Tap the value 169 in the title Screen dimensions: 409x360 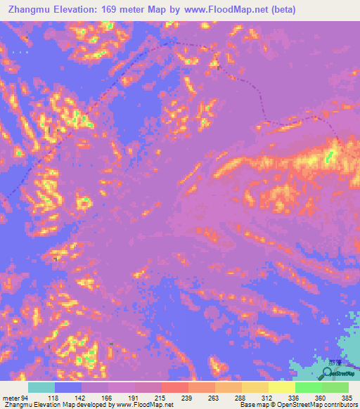tap(111, 10)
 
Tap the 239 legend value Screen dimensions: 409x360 tap(188, 398)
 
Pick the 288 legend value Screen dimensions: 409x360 tap(242, 398)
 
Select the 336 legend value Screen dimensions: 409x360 tap(295, 398)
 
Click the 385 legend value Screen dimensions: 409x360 tap(347, 398)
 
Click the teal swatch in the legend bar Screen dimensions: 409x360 tap(41, 387)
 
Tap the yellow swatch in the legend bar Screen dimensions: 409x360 tap(282, 387)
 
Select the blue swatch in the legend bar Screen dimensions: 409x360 tap(68, 387)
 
